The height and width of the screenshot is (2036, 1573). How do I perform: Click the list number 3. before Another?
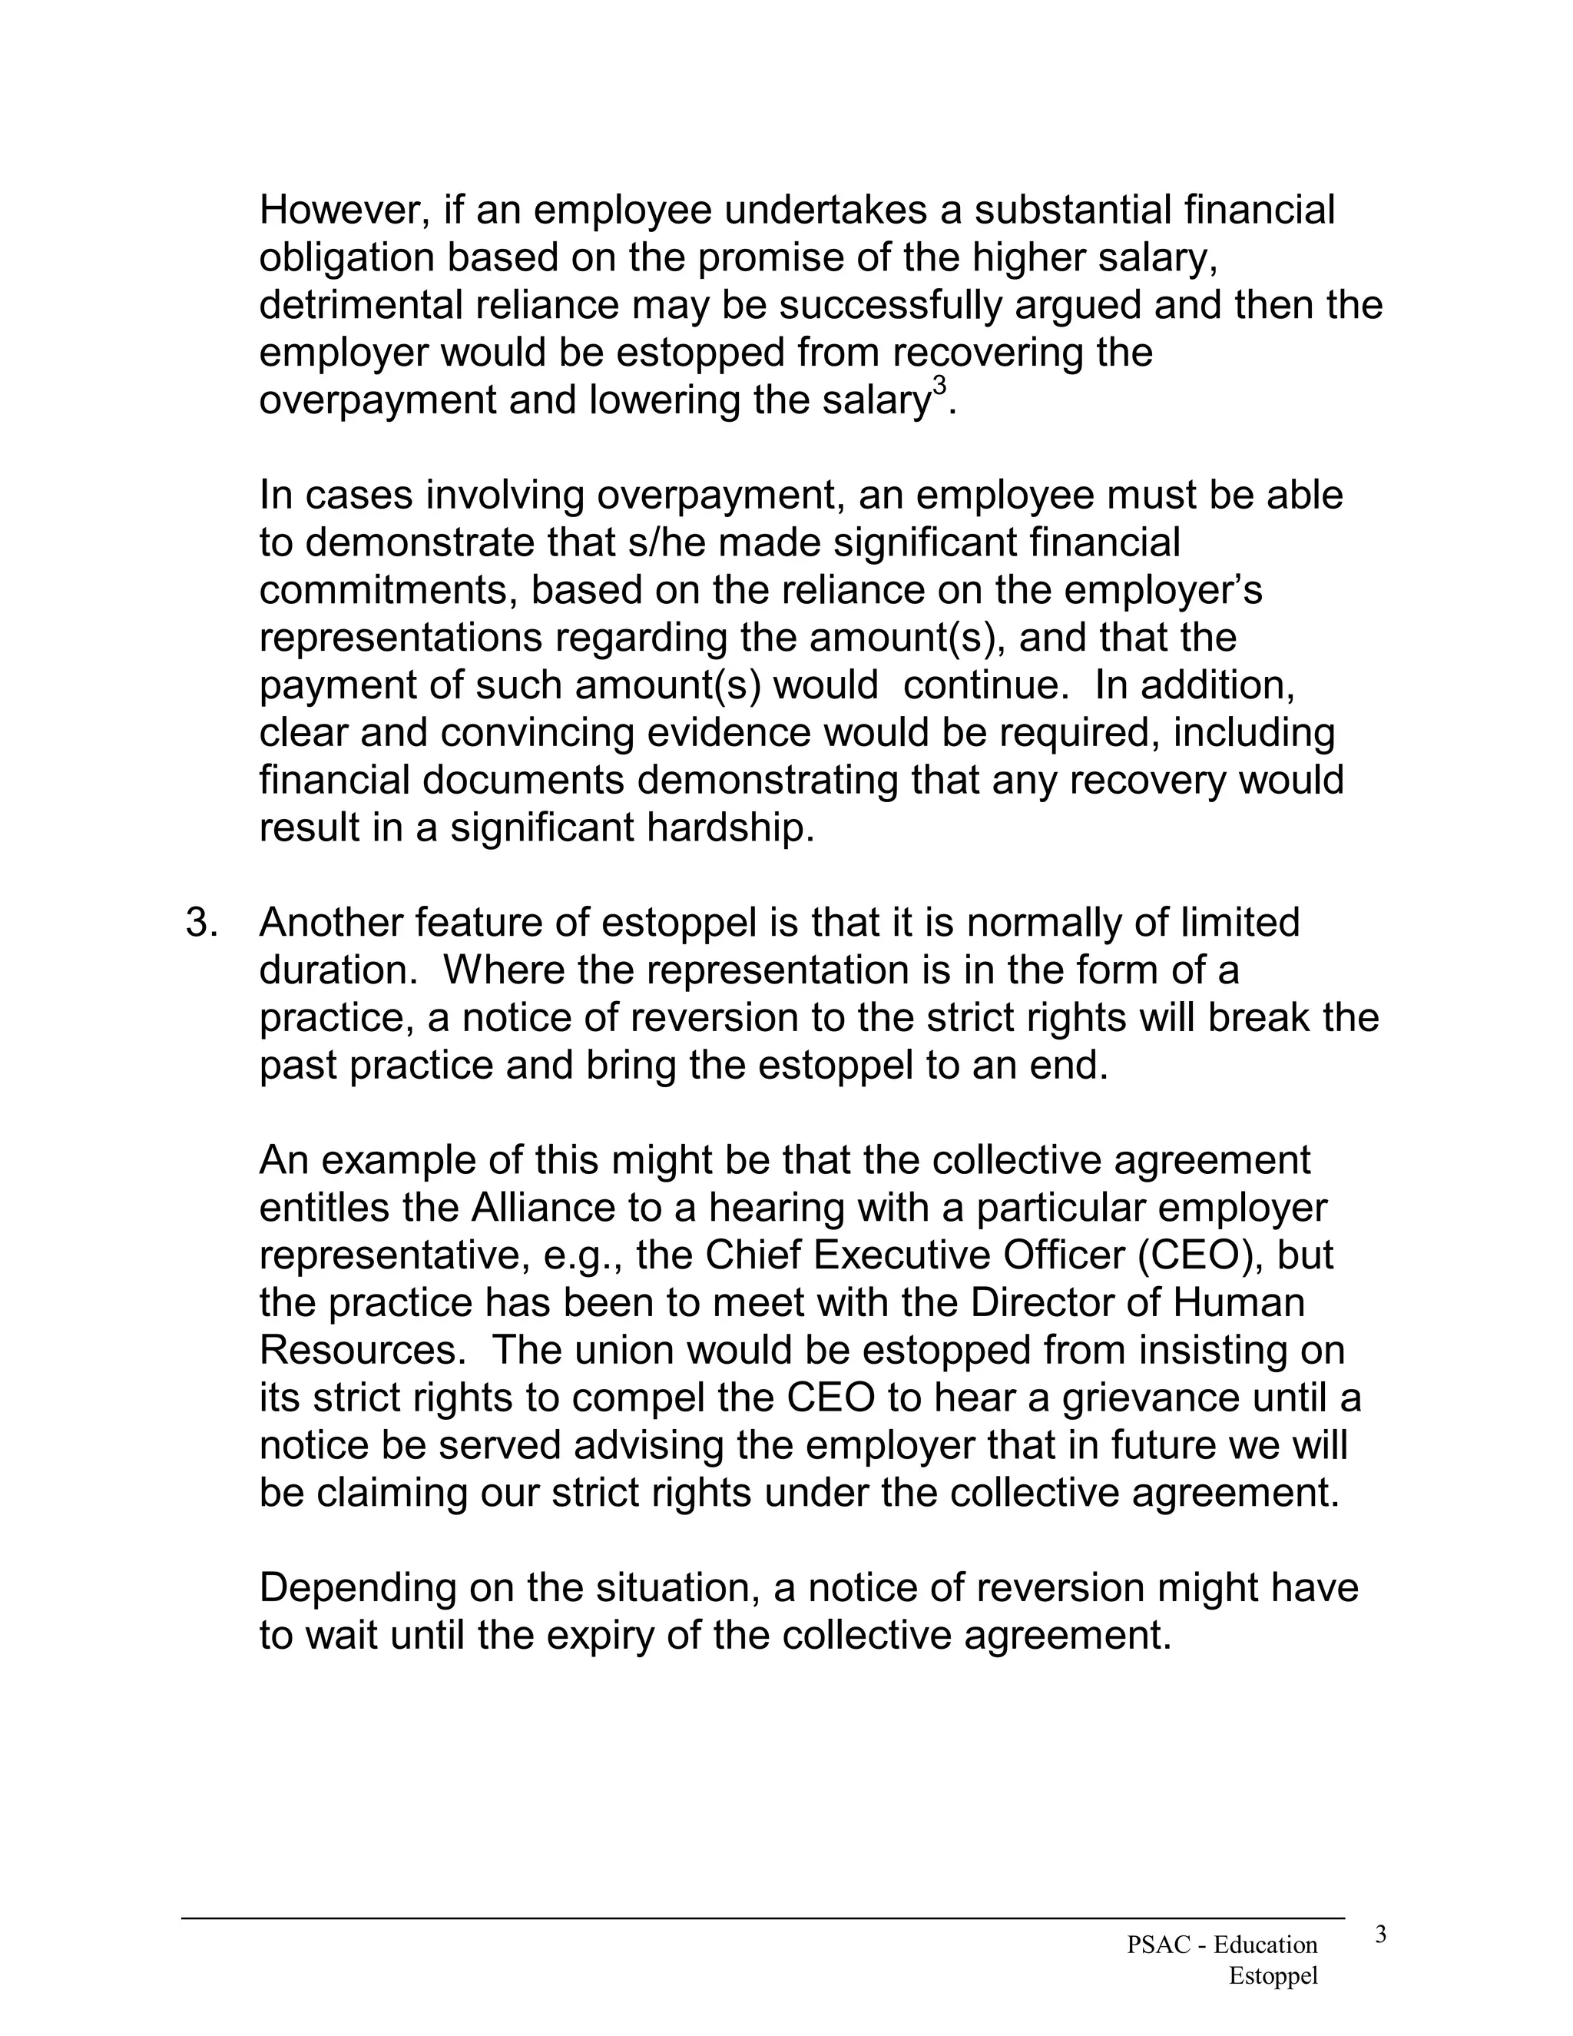(x=202, y=923)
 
